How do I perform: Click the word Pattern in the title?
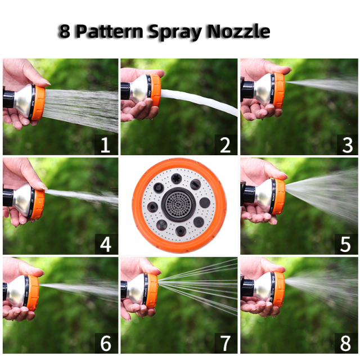pyautogui.click(x=109, y=32)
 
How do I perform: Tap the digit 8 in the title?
pyautogui.click(x=65, y=32)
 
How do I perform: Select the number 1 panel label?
pyautogui.click(x=105, y=146)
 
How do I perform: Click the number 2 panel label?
pyautogui.click(x=225, y=146)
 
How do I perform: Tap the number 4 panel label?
pyautogui.click(x=105, y=245)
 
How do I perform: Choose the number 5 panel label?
pyautogui.click(x=345, y=245)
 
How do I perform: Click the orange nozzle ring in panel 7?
pyautogui.click(x=151, y=291)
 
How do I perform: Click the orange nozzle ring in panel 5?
pyautogui.click(x=278, y=197)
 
